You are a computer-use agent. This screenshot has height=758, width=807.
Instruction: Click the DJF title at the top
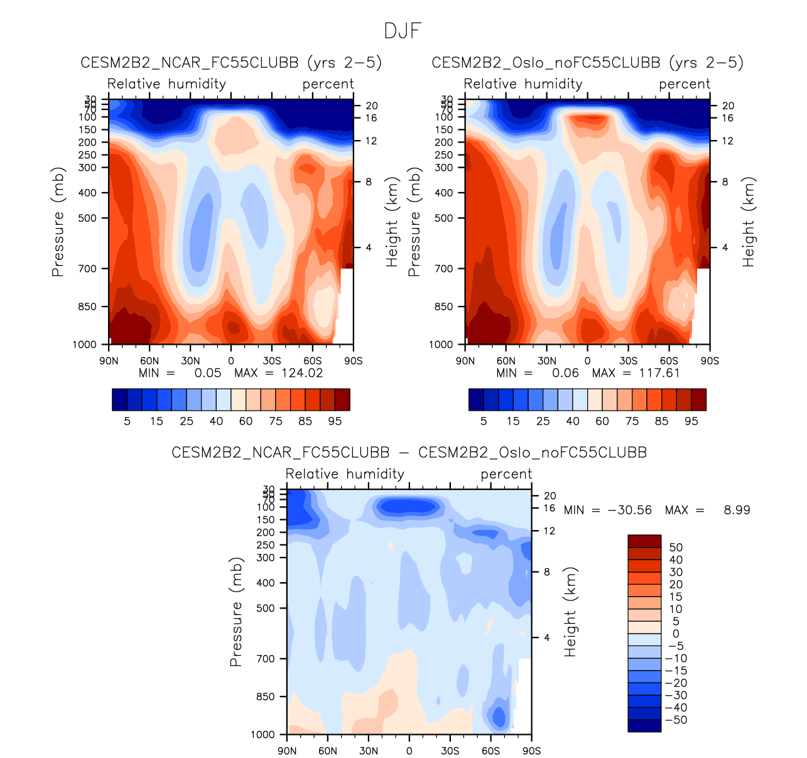click(403, 31)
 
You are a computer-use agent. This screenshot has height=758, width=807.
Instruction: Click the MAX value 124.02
click(302, 373)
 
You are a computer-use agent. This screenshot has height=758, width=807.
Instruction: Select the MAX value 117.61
click(659, 373)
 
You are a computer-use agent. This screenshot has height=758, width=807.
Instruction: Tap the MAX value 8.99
click(737, 510)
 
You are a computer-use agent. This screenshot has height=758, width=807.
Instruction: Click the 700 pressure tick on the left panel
click(88, 269)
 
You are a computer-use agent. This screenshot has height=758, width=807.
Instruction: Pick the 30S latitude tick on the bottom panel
click(450, 751)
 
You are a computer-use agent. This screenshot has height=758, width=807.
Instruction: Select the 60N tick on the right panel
click(506, 361)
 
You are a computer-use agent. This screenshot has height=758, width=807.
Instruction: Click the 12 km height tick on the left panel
click(371, 141)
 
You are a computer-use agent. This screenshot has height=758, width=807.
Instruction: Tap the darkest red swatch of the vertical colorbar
click(644, 541)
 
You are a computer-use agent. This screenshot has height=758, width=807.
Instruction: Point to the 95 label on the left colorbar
click(335, 421)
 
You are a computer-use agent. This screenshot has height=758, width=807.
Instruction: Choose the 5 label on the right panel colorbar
click(484, 421)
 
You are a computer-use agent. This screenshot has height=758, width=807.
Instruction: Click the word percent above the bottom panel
click(506, 474)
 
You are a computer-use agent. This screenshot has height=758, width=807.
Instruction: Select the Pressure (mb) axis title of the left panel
click(58, 222)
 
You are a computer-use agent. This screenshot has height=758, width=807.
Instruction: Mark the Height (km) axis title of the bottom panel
click(570, 612)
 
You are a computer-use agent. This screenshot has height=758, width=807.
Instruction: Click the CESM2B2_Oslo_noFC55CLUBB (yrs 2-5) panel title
click(587, 63)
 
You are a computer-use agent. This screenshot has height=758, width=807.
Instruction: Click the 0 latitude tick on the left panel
click(231, 361)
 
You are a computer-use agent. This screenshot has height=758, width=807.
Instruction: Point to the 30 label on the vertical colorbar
click(676, 572)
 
